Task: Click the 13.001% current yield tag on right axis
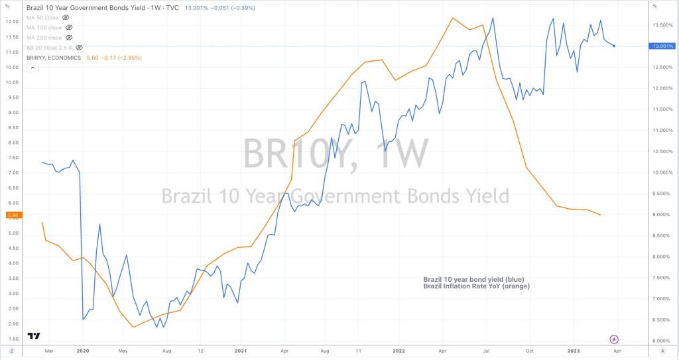[663, 46]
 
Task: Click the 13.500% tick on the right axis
[663, 25]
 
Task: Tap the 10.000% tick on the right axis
[663, 172]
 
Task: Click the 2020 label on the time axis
[83, 349]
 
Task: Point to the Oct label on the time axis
[529, 349]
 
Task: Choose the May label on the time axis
[122, 349]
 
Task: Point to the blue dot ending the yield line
[614, 46]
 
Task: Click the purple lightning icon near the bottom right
[613, 338]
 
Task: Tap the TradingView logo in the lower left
[33, 335]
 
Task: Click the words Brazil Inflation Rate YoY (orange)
[476, 286]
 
